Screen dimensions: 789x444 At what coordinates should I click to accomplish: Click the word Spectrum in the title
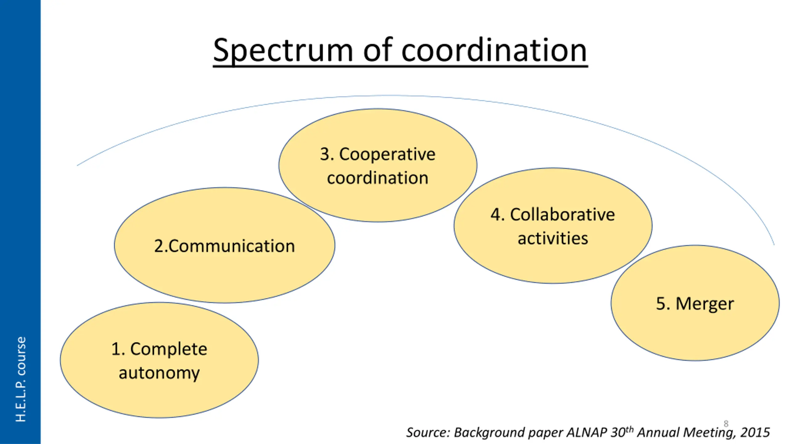point(283,51)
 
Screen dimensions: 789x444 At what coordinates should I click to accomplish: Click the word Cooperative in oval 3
point(387,154)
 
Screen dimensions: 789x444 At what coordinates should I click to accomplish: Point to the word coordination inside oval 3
point(378,178)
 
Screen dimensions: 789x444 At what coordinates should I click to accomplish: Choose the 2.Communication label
point(224,246)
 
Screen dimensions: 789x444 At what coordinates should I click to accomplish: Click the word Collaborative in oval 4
point(562,215)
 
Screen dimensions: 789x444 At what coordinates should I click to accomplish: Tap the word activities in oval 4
point(553,238)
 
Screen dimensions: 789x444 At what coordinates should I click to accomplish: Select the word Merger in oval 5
point(705,304)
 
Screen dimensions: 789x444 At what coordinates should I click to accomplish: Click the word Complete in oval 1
point(169,349)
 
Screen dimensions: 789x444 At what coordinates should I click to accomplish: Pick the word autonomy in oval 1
point(159,373)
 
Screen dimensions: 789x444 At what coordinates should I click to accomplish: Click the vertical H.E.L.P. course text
point(21,379)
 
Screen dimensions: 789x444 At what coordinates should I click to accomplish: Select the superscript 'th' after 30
point(629,429)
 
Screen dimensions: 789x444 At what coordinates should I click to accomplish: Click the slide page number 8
point(726,424)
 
